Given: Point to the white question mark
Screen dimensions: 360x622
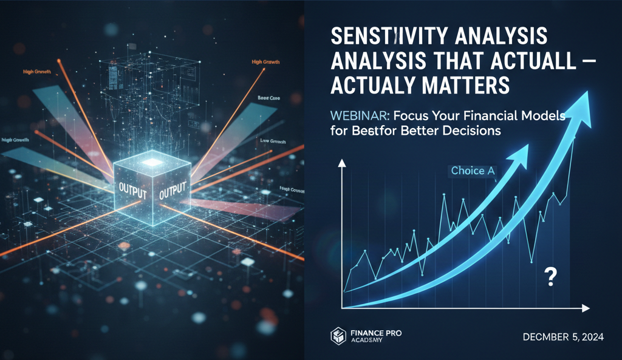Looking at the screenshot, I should (551, 277).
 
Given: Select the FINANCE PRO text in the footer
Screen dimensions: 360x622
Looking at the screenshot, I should (375, 333).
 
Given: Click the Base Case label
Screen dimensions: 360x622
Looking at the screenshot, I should (268, 97).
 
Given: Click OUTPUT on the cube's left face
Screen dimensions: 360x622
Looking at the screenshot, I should (132, 186).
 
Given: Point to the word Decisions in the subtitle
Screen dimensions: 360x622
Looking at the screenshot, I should (471, 132).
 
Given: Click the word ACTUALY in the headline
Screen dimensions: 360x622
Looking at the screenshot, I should (381, 86).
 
